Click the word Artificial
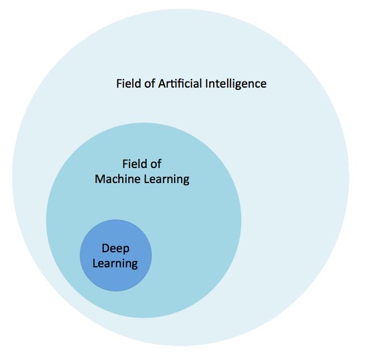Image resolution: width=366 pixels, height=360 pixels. tap(180, 84)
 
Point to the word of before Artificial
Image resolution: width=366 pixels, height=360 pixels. tap(149, 84)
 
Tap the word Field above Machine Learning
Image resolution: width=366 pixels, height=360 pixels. tap(133, 164)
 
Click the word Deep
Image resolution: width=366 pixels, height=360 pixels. tap(115, 248)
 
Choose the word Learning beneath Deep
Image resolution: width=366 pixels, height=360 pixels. tap(115, 263)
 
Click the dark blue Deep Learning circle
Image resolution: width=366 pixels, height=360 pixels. tap(115, 279)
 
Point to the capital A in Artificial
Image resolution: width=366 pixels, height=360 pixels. tap(162, 84)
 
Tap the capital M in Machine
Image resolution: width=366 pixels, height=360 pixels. tap(100, 179)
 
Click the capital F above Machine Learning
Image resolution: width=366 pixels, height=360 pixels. tap(125, 164)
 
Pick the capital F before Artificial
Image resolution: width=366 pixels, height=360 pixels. tap(119, 84)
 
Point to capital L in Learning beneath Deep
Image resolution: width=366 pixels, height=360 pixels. tap(95, 263)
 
